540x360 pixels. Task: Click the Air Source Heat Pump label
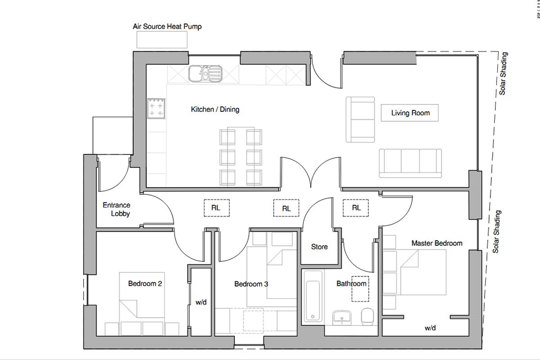[167, 27]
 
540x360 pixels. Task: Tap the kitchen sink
[205, 73]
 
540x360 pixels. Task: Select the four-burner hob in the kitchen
[157, 108]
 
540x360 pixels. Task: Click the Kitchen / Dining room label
[215, 109]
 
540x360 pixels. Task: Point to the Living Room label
[410, 113]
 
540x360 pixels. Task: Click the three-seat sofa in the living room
[410, 163]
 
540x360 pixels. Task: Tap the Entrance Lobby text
[117, 209]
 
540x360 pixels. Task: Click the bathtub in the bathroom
[313, 297]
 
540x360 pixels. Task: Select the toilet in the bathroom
[367, 316]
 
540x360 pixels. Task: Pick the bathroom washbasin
[342, 318]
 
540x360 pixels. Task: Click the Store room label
[319, 247]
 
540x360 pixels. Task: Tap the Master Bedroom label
[437, 243]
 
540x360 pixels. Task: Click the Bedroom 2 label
[145, 283]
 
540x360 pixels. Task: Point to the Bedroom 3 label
[251, 284]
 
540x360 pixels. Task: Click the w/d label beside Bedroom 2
[201, 302]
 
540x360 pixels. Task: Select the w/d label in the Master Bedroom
[430, 328]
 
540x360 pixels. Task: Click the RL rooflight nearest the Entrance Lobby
[216, 208]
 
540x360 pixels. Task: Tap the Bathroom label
[351, 283]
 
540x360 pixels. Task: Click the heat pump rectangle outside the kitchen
[162, 40]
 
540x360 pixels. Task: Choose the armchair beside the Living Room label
[360, 120]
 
